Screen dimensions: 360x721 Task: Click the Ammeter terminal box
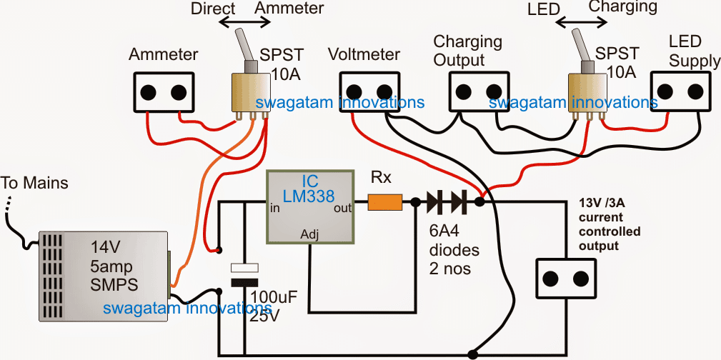click(x=164, y=93)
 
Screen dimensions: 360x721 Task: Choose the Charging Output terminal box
click(x=478, y=91)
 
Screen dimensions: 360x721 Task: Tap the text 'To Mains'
click(x=35, y=184)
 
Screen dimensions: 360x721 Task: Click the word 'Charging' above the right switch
click(x=622, y=8)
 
